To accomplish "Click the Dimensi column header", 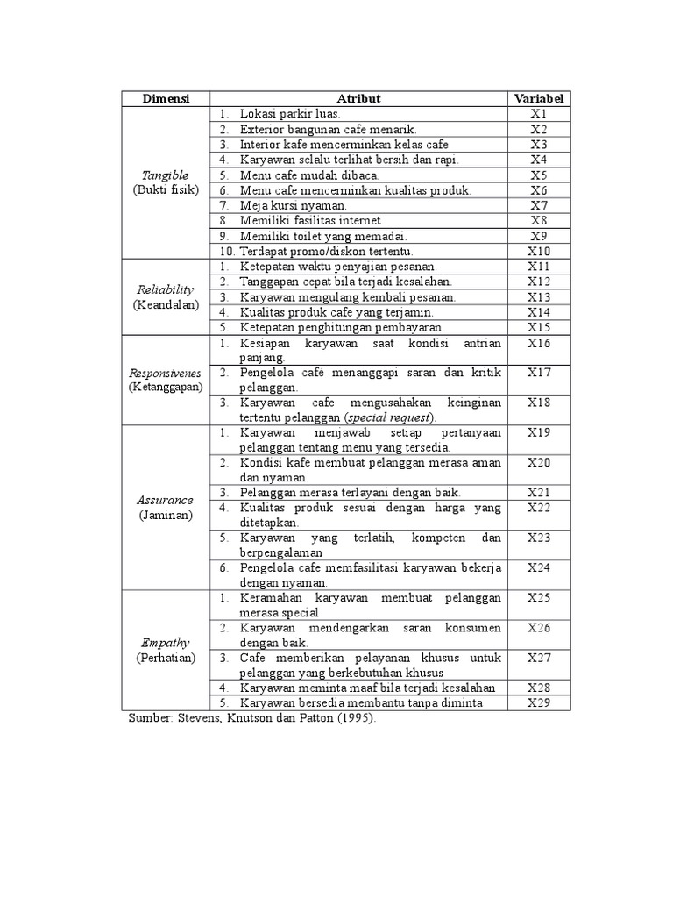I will point(166,99).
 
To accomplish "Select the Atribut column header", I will point(358,99).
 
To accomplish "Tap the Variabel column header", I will point(538,99).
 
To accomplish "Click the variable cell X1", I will point(538,114).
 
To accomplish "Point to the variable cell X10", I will point(538,252).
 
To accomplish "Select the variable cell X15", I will point(538,327).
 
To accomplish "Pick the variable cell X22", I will point(538,508).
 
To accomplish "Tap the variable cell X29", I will point(538,703).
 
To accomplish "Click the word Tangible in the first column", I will point(166,175).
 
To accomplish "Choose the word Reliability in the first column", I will point(166,289).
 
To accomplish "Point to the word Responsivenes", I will point(166,373).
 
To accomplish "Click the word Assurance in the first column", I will point(166,500).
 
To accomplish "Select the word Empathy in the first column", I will point(166,642).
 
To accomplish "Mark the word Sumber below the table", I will point(148,718).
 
